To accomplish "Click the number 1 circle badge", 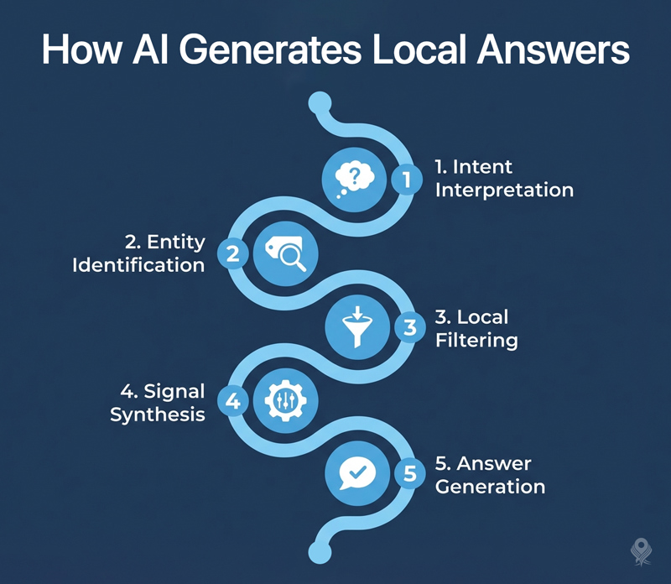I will pos(407,180).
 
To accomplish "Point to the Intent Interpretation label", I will pos(504,179).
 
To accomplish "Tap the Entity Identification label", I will pos(150,253).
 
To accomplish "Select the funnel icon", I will pos(354,326).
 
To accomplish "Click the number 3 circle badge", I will pos(409,327).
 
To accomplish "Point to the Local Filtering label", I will pos(476,329).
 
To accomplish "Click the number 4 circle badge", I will pos(233,401).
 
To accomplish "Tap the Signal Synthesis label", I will pos(159,402).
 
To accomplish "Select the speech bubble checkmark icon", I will pos(351,474).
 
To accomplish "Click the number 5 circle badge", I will pos(409,475).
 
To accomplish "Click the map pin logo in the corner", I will pos(642,551).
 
